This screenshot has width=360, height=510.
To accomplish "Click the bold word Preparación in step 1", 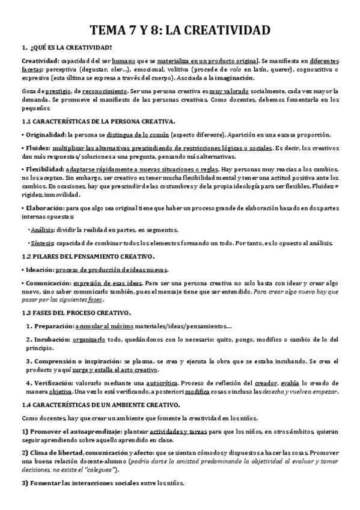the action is coord(52,326).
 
